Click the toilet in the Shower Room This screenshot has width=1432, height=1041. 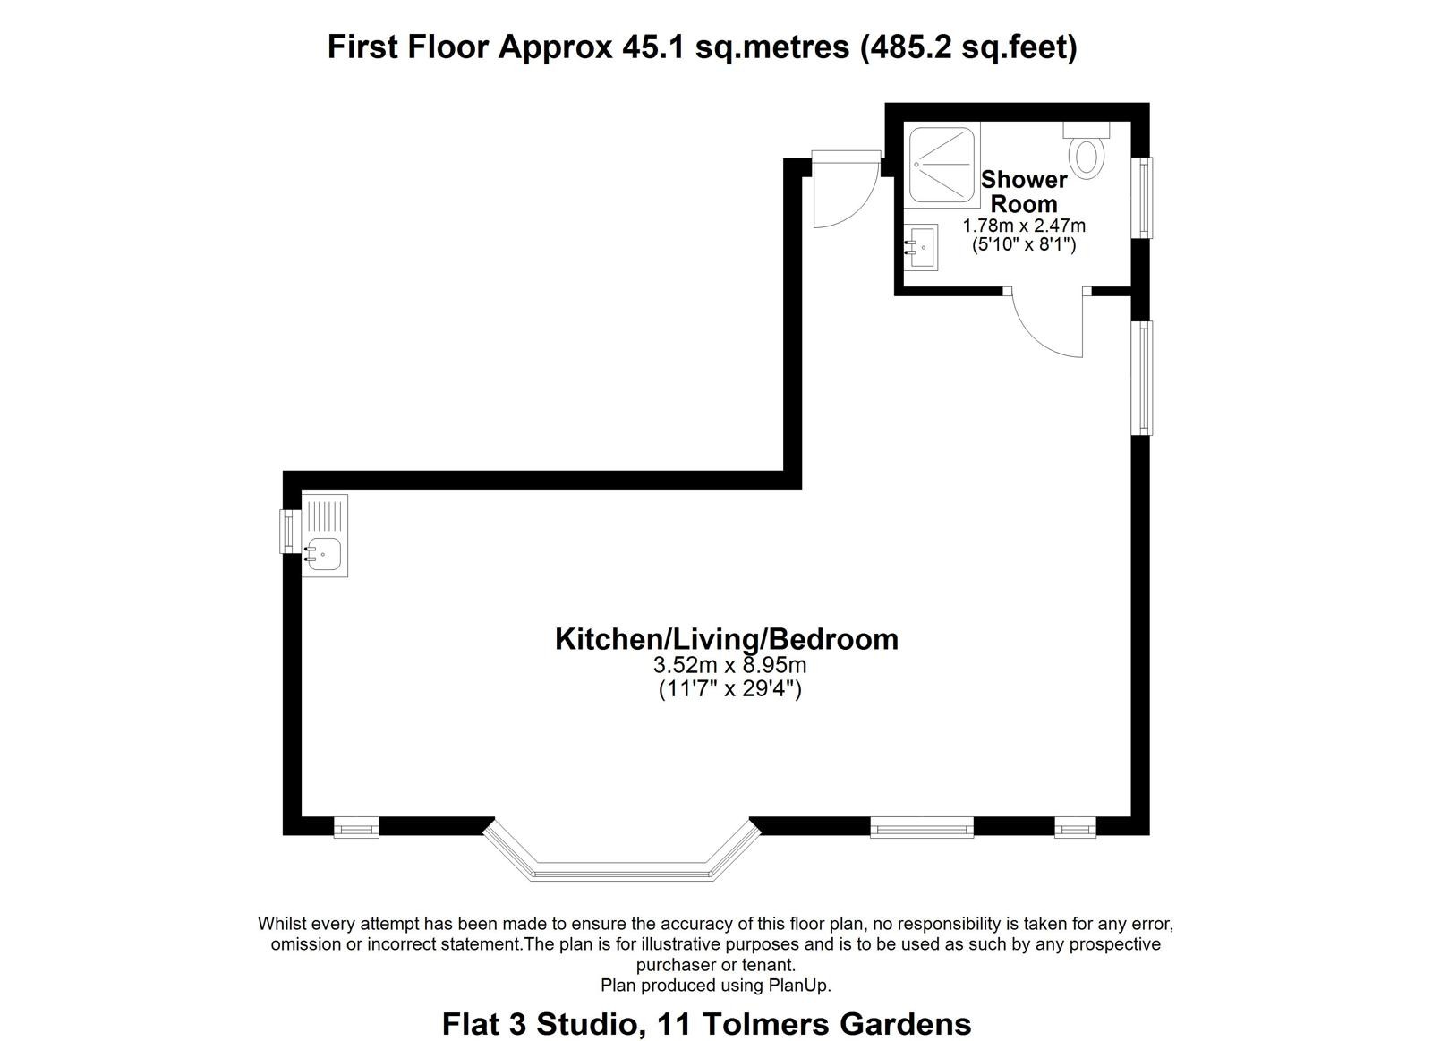click(1087, 150)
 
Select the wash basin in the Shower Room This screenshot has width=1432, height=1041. click(921, 247)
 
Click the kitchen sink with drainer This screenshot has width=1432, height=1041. click(325, 536)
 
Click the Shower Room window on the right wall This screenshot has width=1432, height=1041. click(1142, 198)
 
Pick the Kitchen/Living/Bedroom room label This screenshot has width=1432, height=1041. click(727, 639)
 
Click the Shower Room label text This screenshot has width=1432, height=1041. click(1024, 192)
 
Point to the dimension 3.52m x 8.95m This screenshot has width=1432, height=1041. click(729, 666)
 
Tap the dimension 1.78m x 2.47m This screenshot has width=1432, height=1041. click(1024, 226)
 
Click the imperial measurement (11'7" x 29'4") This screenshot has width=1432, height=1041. click(729, 689)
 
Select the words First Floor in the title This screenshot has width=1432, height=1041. click(408, 47)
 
